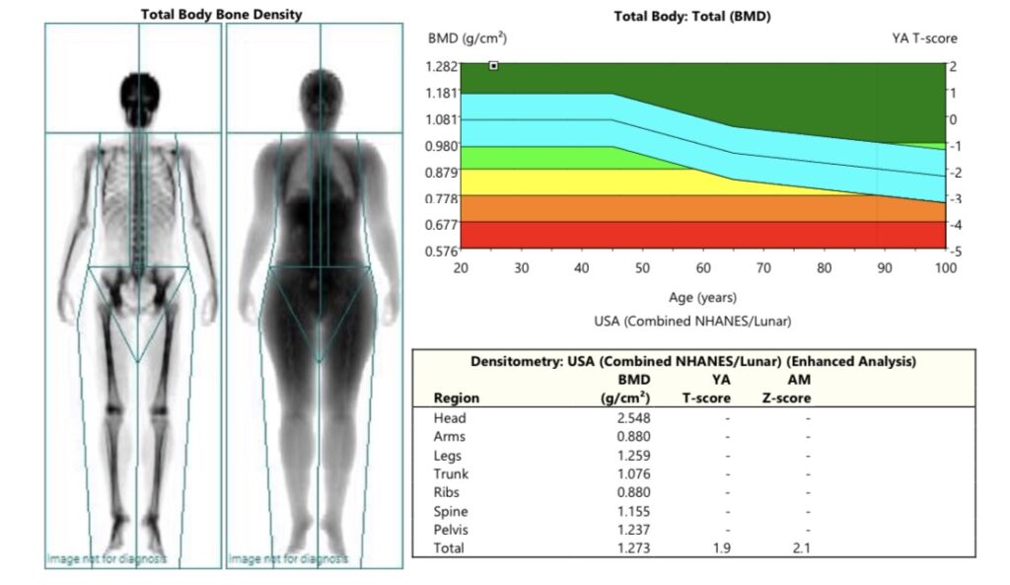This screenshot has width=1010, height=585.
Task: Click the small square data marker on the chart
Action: coord(493,66)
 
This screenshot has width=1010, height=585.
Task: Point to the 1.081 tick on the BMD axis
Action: coord(442,119)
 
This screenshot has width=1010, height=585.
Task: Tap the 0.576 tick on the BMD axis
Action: coord(442,252)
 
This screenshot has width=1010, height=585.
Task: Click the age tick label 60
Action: coord(703,268)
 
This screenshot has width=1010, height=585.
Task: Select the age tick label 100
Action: coord(945,268)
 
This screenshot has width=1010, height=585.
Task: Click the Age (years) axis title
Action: coord(702,297)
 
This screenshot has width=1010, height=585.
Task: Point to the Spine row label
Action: coord(450,511)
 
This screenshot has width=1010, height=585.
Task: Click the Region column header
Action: coord(456,399)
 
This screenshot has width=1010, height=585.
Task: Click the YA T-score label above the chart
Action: coord(924,38)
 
